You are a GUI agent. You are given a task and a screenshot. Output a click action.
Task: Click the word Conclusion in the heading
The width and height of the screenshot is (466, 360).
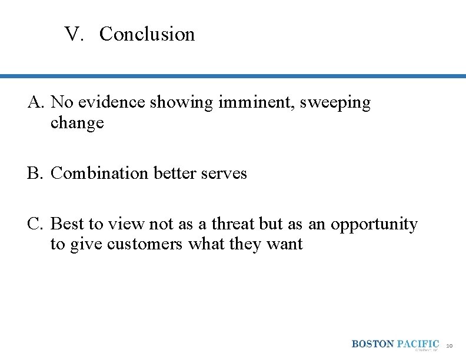pyautogui.click(x=147, y=34)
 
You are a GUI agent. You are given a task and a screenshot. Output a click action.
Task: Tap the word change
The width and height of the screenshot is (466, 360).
pyautogui.click(x=77, y=123)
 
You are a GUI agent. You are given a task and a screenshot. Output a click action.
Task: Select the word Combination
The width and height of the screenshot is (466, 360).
pyautogui.click(x=100, y=174)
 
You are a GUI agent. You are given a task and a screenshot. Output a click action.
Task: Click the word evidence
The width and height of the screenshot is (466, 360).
pyautogui.click(x=118, y=102)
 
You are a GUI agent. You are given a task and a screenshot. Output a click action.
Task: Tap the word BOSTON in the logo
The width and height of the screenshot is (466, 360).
pyautogui.click(x=373, y=344)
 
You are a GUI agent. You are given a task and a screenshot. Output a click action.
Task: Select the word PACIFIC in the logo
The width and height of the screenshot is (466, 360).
pyautogui.click(x=418, y=344)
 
